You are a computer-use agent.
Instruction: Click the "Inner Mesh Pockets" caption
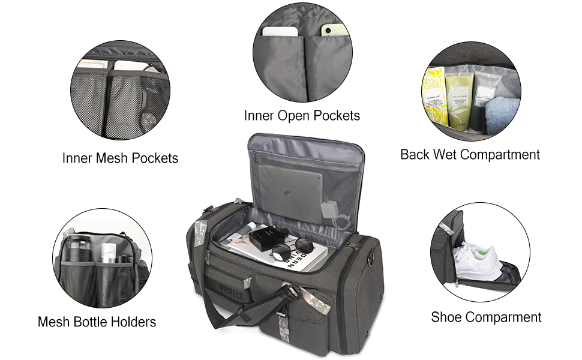pyautogui.click(x=120, y=158)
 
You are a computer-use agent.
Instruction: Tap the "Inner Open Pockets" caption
pyautogui.click(x=302, y=115)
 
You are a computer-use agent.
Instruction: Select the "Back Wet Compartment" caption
pyautogui.click(x=470, y=155)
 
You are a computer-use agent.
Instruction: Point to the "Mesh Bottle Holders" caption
pyautogui.click(x=97, y=322)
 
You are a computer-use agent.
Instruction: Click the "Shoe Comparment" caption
pyautogui.click(x=486, y=317)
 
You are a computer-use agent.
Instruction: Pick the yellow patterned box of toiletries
pyautogui.click(x=435, y=96)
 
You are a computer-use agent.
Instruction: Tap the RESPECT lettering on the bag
pyautogui.click(x=232, y=293)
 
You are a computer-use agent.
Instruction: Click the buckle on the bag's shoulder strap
pyautogui.click(x=291, y=293)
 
